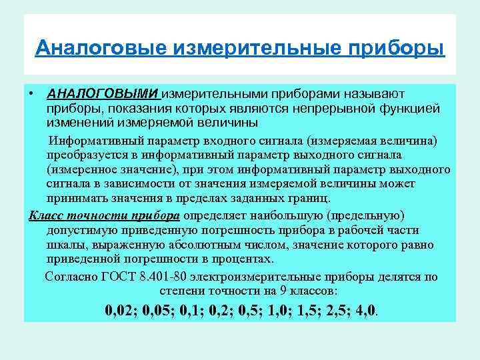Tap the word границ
tap(312, 198)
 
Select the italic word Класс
tap(47, 215)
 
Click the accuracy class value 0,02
tap(122, 311)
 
